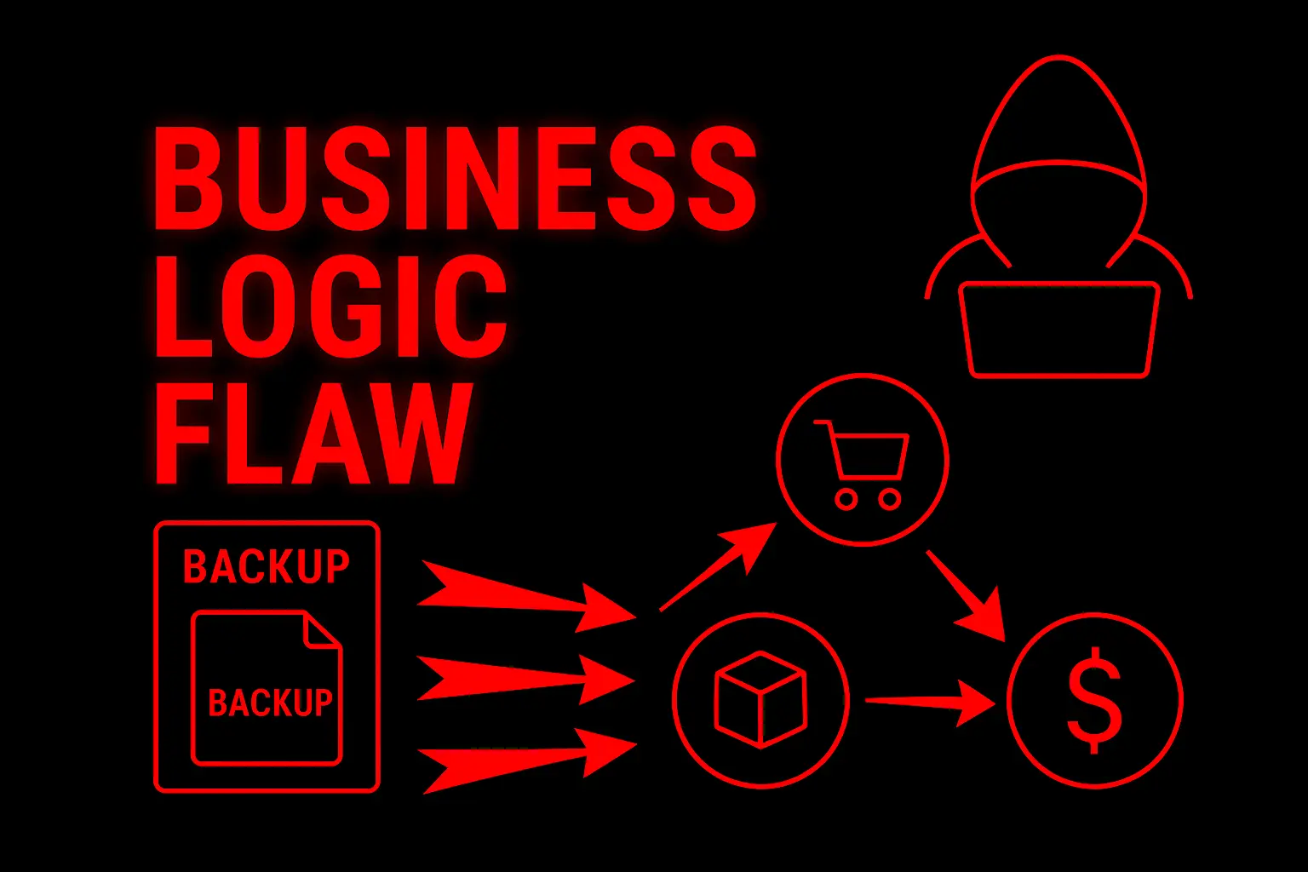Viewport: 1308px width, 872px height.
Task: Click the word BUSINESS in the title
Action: (455, 179)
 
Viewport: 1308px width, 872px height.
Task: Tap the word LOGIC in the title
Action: (330, 307)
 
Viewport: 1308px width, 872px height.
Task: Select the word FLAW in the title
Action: (313, 434)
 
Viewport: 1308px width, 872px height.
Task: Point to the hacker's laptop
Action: (1058, 330)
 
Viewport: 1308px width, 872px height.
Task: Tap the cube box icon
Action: (760, 699)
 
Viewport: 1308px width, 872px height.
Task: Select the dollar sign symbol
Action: (1095, 700)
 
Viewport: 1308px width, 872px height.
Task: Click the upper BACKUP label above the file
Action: (267, 566)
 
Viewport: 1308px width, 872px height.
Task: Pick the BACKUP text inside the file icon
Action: (270, 702)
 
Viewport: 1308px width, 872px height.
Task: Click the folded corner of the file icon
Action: (322, 629)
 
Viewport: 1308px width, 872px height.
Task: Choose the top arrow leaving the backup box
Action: (526, 596)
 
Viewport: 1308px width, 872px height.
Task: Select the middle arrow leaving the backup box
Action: (525, 680)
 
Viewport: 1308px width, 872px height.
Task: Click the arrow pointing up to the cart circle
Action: (718, 566)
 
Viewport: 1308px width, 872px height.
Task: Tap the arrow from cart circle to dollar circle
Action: (966, 596)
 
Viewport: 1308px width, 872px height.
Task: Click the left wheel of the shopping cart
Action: (846, 499)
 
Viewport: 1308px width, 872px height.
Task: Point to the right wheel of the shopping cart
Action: (890, 499)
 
